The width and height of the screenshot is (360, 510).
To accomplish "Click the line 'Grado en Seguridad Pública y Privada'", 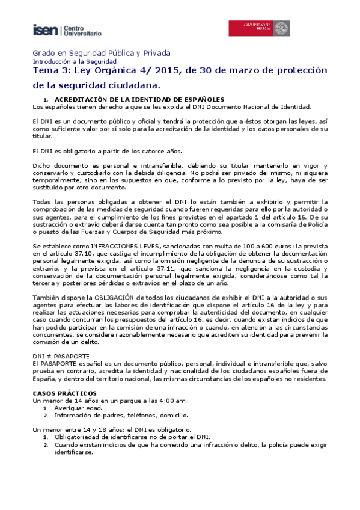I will pos(102,52).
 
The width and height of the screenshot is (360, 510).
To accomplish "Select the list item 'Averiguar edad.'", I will pos(78,408).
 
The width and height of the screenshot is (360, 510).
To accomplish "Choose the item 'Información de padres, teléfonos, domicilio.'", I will pos(121,415).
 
